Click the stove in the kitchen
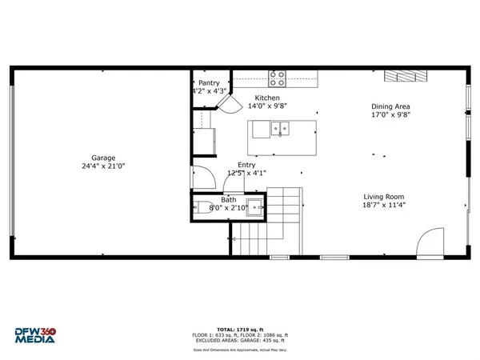(277, 78)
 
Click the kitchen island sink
(279, 126)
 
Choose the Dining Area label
(391, 106)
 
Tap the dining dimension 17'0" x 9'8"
(391, 114)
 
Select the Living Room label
(383, 196)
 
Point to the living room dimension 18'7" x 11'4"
(383, 205)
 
